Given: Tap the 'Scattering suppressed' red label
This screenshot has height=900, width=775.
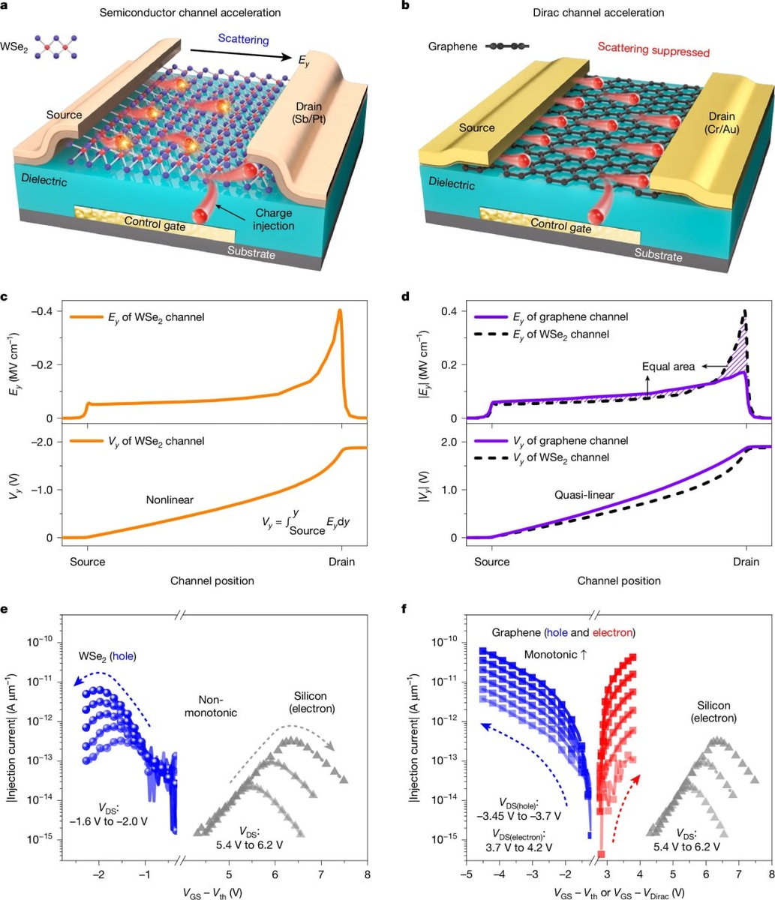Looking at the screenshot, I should [642, 52].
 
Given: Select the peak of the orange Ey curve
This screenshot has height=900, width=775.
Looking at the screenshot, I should [340, 310].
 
